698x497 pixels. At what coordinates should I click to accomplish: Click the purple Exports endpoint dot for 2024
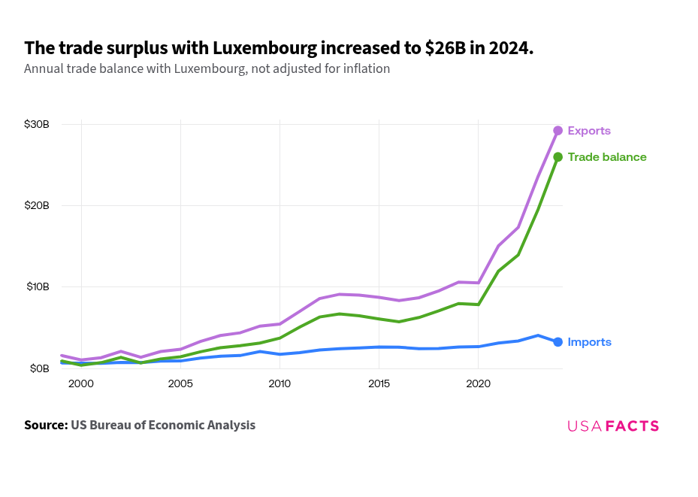(x=557, y=131)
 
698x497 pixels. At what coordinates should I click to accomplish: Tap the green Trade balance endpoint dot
(x=557, y=157)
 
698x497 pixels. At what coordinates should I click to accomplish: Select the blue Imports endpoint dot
(x=557, y=342)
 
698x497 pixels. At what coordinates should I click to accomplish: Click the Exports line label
(x=589, y=131)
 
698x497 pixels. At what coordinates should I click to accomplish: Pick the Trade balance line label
(x=607, y=157)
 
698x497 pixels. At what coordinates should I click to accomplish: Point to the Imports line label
(x=589, y=342)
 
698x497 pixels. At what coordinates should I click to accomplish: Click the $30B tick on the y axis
(x=37, y=124)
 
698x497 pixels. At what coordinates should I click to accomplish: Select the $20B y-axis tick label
(x=37, y=205)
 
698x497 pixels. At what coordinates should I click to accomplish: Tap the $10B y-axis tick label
(x=37, y=286)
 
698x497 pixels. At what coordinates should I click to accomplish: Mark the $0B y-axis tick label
(x=39, y=368)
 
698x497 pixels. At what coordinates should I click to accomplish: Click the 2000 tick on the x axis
(x=81, y=383)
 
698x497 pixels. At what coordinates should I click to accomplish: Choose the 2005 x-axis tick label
(x=180, y=383)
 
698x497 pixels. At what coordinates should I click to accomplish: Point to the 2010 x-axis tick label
(x=280, y=383)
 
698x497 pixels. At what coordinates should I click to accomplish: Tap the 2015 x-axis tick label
(x=379, y=383)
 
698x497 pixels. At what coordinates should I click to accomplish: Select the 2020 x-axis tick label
(x=479, y=383)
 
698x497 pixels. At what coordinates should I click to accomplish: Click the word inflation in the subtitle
(x=364, y=68)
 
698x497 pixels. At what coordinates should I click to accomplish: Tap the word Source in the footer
(x=45, y=426)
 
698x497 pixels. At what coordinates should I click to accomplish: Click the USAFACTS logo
(x=613, y=426)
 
